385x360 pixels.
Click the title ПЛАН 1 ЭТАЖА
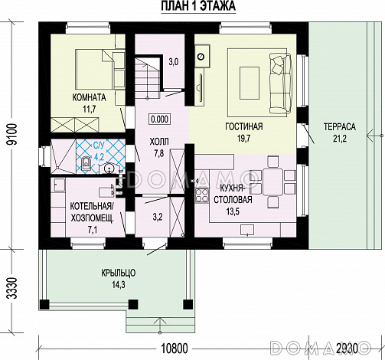pos(198,6)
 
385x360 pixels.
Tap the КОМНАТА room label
pos(86,97)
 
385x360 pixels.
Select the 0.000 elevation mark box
pos(159,119)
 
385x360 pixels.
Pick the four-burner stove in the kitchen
pos(202,195)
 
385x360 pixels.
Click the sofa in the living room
pos(280,83)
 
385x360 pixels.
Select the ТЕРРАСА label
pos(339,127)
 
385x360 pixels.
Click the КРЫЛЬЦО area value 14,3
pos(119,285)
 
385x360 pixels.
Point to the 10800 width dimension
pos(175,349)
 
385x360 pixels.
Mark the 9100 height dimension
pos(12,134)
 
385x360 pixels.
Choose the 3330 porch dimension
pos(12,288)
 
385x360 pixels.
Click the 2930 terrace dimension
pos(347,349)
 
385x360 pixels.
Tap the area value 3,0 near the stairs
pos(173,62)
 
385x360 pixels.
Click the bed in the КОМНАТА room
pos(94,69)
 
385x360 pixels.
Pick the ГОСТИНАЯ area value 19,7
pos(244,139)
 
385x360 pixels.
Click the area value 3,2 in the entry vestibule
pos(158,218)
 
